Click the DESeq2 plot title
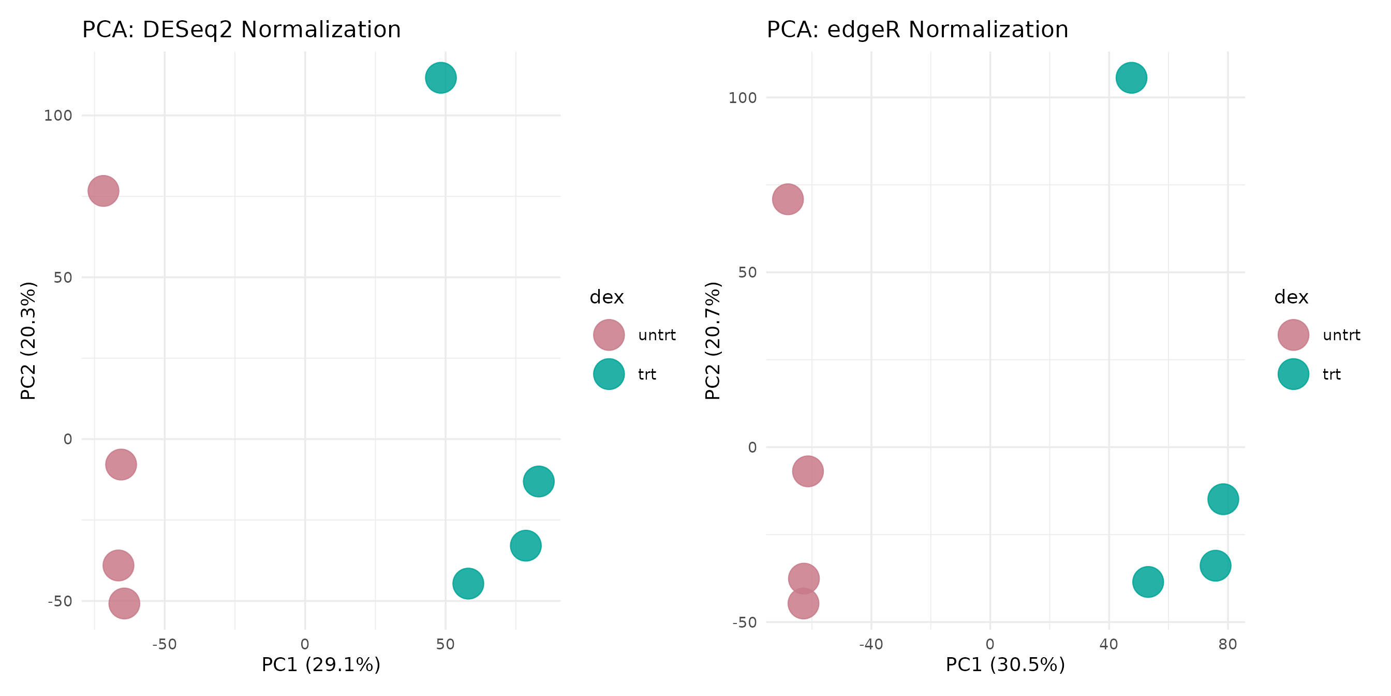coord(241,30)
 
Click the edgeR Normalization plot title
coord(917,30)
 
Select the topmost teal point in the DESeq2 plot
coord(440,78)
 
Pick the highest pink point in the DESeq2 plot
coord(103,191)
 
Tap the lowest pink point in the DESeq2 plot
coord(124,603)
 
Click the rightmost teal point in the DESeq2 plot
coord(538,481)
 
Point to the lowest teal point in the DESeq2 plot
coord(468,583)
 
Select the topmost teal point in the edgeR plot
coord(1131,78)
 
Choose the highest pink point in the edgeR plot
coord(788,199)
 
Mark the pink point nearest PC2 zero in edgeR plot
coord(808,471)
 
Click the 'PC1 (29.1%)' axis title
coord(321,664)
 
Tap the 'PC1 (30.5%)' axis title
coord(1005,664)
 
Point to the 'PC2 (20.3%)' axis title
coord(28,340)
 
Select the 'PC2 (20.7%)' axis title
coord(712,340)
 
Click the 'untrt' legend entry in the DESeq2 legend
coord(657,335)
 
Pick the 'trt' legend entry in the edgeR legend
coord(1331,374)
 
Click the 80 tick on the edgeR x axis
coord(1227,644)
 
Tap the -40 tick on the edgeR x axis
coord(871,644)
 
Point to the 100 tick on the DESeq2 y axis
coord(58,115)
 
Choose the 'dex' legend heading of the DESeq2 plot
coord(606,297)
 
